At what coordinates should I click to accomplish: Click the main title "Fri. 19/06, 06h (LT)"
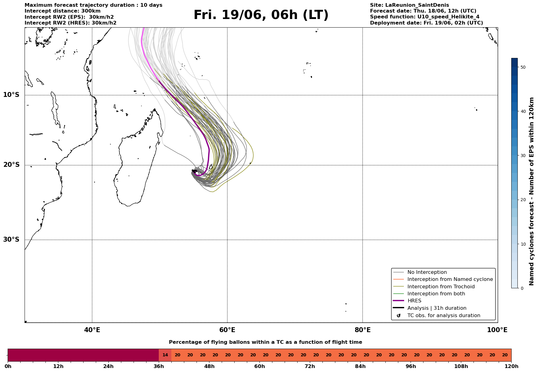(261, 15)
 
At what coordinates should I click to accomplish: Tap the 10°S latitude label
(11, 95)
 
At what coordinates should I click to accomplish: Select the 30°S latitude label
(11, 240)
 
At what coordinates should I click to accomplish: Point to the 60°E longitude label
(227, 330)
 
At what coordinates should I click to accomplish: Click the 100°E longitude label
(497, 330)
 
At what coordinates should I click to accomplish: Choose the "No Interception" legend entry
(427, 272)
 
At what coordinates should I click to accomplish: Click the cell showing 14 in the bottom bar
(165, 355)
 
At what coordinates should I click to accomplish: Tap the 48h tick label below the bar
(209, 366)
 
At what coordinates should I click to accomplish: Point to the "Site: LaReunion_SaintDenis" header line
(409, 5)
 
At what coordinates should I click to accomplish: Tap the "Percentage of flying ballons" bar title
(265, 342)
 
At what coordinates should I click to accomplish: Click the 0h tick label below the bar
(8, 366)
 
